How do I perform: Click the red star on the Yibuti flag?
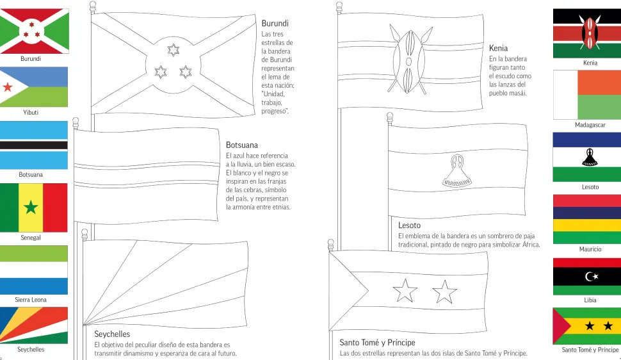pyautogui.click(x=8, y=88)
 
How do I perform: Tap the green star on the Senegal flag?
pyautogui.click(x=31, y=207)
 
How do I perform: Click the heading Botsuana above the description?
pyautogui.click(x=242, y=145)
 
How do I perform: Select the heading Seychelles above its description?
pyautogui.click(x=112, y=334)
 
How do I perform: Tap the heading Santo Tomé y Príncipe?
pyautogui.click(x=377, y=343)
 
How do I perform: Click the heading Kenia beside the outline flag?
pyautogui.click(x=498, y=48)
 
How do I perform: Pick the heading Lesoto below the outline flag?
pyautogui.click(x=409, y=225)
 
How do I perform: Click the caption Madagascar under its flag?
pyautogui.click(x=590, y=125)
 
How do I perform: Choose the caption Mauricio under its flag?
pyautogui.click(x=590, y=249)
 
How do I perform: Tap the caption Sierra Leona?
pyautogui.click(x=31, y=300)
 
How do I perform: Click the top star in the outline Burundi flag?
pyautogui.click(x=173, y=50)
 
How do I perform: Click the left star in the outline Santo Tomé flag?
pyautogui.click(x=405, y=291)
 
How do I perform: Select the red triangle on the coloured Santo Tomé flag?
pyautogui.click(x=560, y=325)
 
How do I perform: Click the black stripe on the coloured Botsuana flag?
pyautogui.click(x=33, y=145)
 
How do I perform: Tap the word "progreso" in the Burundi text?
pyautogui.click(x=273, y=111)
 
